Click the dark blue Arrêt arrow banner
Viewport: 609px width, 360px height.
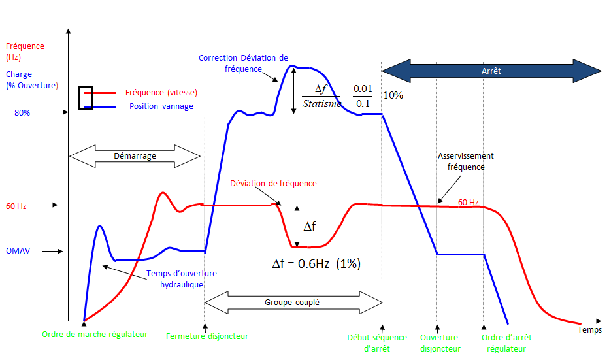pos(491,71)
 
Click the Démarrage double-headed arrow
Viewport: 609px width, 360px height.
pos(135,156)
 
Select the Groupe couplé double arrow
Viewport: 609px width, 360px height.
pos(293,303)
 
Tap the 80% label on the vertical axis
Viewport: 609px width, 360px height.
pos(22,112)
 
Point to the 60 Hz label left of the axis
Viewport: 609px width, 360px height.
pos(16,206)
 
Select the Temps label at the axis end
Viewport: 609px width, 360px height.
pos(589,330)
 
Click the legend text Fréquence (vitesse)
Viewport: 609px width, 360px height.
pos(161,93)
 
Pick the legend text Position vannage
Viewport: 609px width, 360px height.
pos(161,106)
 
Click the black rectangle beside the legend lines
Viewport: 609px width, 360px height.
pos(86,98)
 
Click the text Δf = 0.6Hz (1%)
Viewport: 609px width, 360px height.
pos(316,264)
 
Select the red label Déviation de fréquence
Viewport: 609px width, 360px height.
pos(273,184)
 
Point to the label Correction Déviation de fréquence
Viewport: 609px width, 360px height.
pos(243,63)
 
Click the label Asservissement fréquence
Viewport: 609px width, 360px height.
pos(466,161)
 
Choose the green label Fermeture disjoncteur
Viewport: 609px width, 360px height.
pos(207,336)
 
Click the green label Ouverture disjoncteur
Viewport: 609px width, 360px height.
pos(440,343)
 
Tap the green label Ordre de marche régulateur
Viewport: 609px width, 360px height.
pos(95,335)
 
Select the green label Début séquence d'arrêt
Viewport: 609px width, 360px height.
pos(377,343)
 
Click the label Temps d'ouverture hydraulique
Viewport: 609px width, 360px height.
pos(182,279)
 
